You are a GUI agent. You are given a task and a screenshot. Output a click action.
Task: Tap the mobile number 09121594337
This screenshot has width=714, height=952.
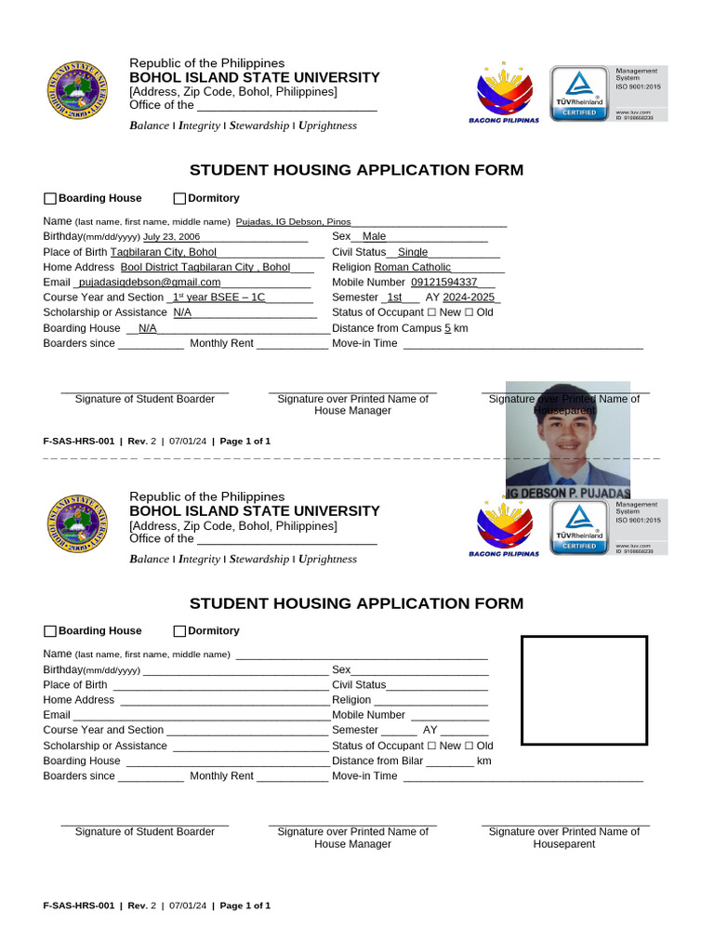(x=443, y=283)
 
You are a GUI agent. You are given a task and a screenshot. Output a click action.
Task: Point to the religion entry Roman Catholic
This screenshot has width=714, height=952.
(x=412, y=268)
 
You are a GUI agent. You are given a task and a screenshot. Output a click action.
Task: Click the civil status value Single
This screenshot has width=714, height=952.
(x=413, y=253)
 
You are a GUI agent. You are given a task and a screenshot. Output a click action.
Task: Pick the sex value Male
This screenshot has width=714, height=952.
(x=374, y=237)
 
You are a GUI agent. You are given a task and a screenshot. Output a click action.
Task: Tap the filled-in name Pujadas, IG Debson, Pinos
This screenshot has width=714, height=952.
(x=293, y=222)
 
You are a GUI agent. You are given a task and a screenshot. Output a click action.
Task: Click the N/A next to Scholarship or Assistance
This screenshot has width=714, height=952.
(x=182, y=313)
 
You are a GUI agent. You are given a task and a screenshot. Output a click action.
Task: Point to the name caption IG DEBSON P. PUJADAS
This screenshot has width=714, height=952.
(x=568, y=492)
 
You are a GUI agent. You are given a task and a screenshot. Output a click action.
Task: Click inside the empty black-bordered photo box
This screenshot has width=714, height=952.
(x=584, y=691)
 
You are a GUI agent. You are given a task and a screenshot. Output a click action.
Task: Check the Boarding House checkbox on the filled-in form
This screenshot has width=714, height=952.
(x=50, y=199)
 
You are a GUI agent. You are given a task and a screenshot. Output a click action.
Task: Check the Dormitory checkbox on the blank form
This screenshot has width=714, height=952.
(x=179, y=631)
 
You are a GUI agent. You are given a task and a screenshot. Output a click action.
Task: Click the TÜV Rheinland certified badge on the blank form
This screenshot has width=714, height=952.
(x=578, y=528)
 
